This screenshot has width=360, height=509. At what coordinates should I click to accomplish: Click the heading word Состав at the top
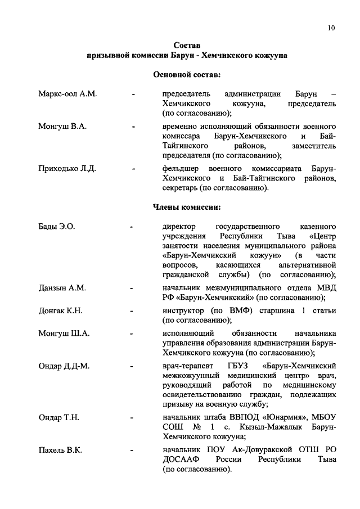click(187, 45)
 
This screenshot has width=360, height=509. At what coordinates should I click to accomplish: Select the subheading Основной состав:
click(187, 74)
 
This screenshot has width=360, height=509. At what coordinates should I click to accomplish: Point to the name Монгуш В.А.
click(62, 127)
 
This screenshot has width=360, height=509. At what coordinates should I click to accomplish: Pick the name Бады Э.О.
click(57, 227)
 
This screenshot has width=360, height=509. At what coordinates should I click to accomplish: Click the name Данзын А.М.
click(62, 288)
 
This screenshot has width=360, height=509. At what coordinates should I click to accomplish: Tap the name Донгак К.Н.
click(60, 310)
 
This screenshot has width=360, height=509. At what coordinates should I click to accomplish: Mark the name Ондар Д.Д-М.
click(64, 366)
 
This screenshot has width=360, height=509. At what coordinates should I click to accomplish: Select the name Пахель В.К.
click(61, 451)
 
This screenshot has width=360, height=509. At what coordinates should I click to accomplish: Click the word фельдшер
click(182, 168)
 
